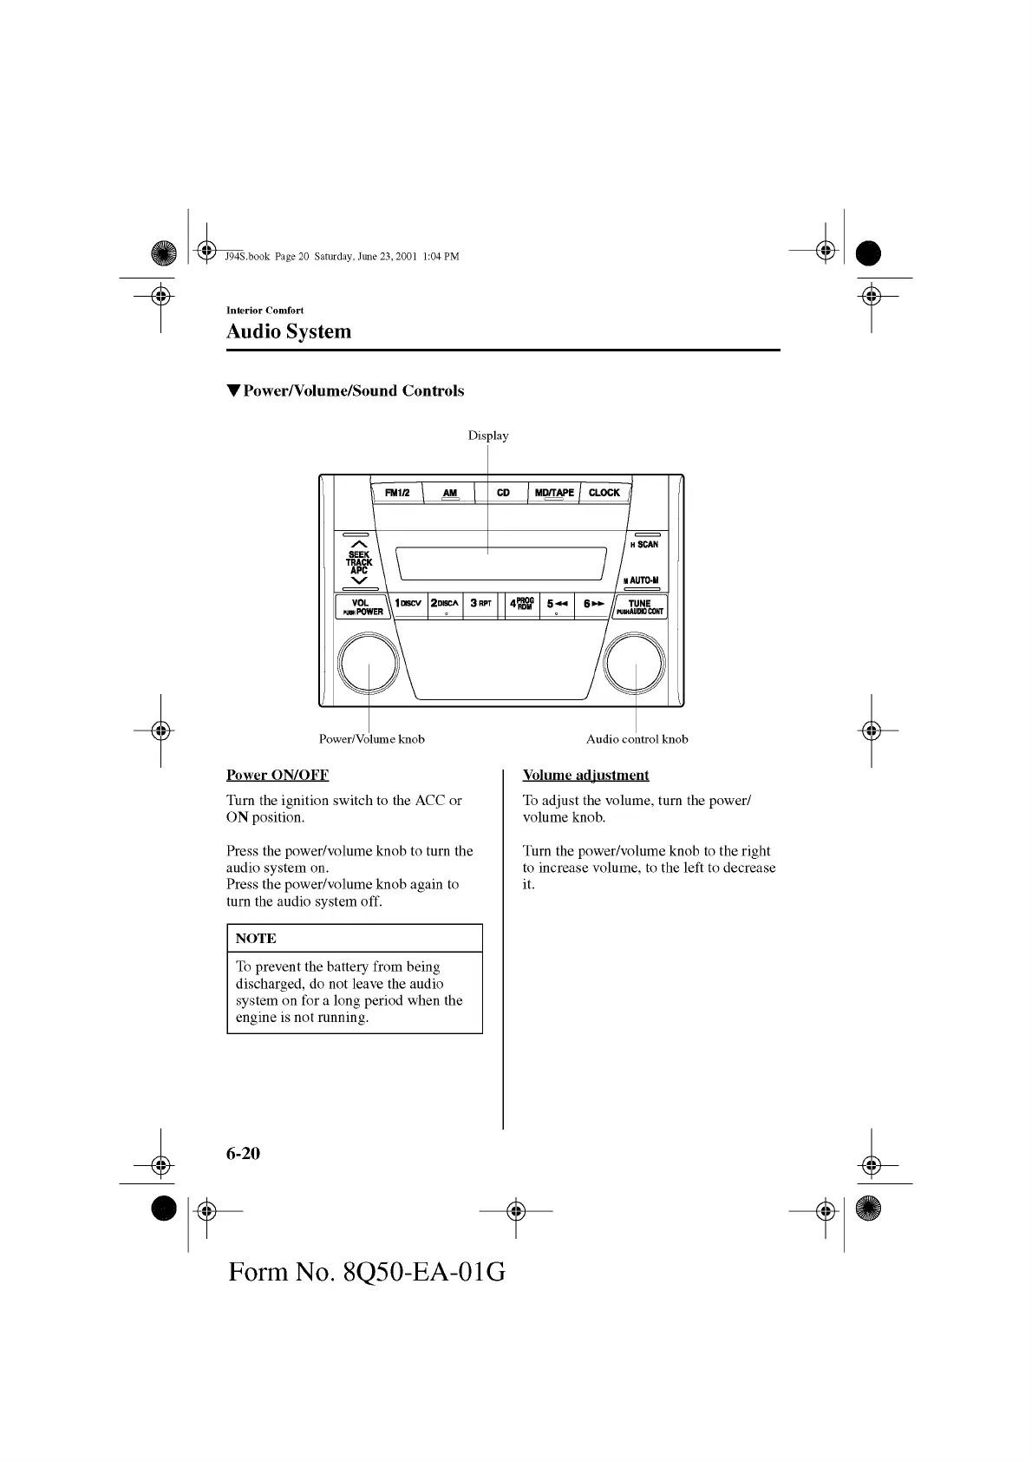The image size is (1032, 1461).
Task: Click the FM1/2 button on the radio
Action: click(x=397, y=493)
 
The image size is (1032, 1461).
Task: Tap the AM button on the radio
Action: click(x=449, y=493)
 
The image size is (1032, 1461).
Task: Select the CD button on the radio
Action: click(x=503, y=493)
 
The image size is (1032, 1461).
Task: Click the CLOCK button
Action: click(x=604, y=493)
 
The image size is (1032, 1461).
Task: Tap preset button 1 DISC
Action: click(x=408, y=604)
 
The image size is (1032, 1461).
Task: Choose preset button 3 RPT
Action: click(x=480, y=604)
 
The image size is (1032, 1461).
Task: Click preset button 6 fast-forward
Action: click(x=593, y=604)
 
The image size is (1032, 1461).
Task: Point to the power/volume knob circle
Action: click(x=369, y=665)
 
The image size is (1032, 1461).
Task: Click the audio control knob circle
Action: click(x=636, y=665)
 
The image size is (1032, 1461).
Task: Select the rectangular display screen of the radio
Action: click(x=500, y=564)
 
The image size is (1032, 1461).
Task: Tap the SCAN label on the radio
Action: click(x=647, y=545)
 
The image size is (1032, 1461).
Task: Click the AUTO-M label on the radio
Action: click(x=643, y=580)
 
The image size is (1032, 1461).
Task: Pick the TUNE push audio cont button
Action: click(x=640, y=607)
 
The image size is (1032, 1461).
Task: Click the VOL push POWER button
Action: click(x=362, y=607)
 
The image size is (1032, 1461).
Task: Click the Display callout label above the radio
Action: click(x=488, y=436)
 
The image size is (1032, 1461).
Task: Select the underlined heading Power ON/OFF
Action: click(x=278, y=775)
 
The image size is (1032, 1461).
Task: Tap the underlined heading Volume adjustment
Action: click(x=585, y=775)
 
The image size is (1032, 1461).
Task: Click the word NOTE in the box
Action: click(x=256, y=939)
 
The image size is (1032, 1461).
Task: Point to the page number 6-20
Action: click(x=244, y=1153)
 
